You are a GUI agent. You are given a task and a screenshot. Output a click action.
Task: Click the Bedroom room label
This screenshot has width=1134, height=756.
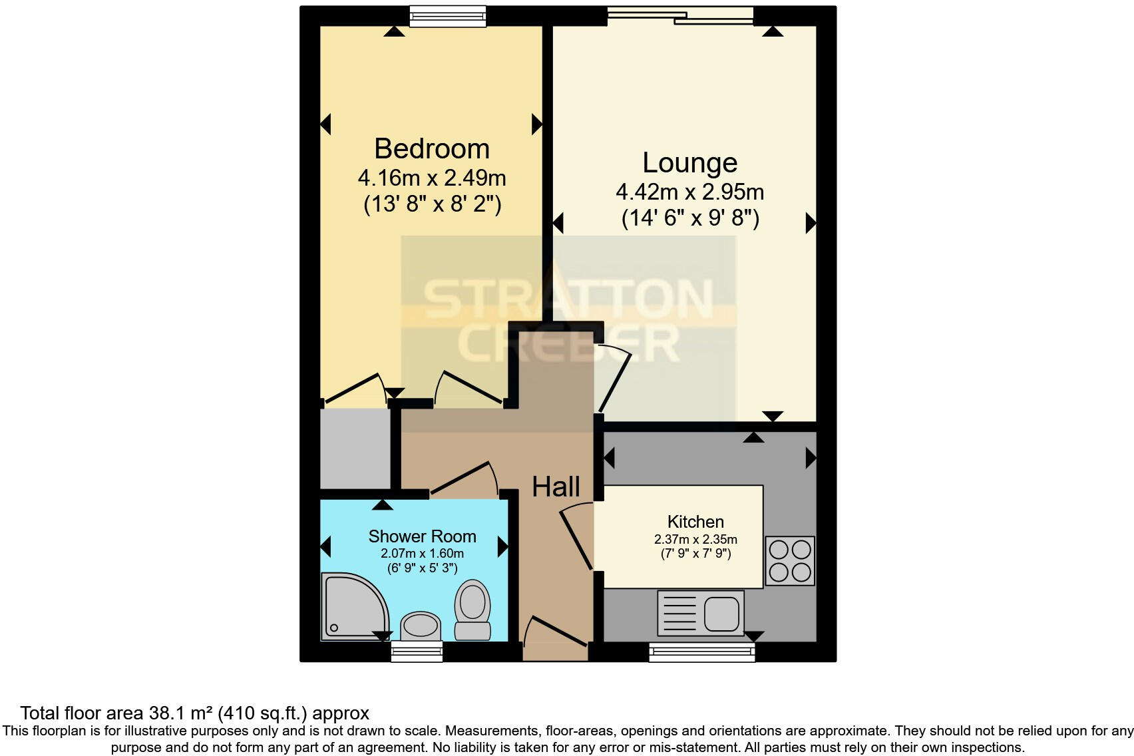click(x=431, y=148)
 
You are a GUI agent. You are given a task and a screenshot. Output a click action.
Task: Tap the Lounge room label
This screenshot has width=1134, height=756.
click(x=689, y=163)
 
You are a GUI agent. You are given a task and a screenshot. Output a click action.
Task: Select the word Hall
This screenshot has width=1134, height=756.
click(x=556, y=487)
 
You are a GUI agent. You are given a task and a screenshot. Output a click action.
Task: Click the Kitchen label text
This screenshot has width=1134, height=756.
click(x=695, y=522)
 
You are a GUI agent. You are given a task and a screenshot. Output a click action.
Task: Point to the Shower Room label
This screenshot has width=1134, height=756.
click(x=422, y=536)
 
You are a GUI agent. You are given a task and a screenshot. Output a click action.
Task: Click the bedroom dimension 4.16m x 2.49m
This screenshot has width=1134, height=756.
click(x=431, y=178)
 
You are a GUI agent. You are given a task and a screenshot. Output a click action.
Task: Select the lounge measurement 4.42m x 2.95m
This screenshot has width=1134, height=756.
click(x=689, y=192)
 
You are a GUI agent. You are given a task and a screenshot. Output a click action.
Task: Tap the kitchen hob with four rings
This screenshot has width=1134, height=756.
click(x=789, y=560)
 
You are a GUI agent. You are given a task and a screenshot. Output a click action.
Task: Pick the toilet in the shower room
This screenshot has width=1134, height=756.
click(x=472, y=609)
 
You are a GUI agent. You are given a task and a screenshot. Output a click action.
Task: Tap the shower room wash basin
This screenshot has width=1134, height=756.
click(x=421, y=626)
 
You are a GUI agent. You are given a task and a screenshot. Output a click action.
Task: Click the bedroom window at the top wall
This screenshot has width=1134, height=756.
click(x=447, y=17)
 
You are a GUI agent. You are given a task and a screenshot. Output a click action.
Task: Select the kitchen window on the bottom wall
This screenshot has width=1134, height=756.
click(x=701, y=652)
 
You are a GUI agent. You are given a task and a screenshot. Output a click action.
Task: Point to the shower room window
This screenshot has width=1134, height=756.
click(x=417, y=652)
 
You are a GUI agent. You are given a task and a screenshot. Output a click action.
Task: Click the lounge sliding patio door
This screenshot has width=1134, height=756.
click(x=680, y=16)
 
